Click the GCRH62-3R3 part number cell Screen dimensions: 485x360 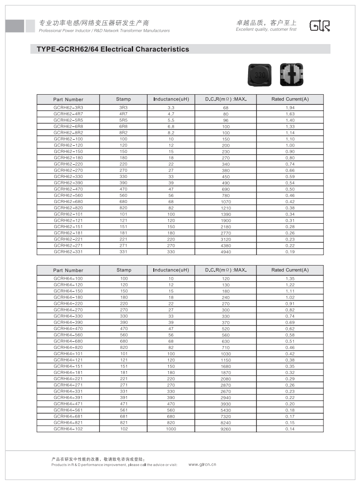(x=68, y=107)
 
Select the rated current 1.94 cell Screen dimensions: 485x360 (x=290, y=107)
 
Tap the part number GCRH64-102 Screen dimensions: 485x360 (x=68, y=429)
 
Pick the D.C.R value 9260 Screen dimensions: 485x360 (x=225, y=429)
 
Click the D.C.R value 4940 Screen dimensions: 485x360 (x=225, y=252)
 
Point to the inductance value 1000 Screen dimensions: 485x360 (x=171, y=429)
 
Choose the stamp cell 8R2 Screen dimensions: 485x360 (x=123, y=133)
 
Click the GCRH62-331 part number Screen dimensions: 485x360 (x=68, y=252)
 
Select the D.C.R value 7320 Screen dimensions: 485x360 (x=225, y=416)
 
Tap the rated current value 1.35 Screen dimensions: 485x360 (x=290, y=278)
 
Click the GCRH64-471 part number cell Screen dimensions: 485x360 (x=68, y=404)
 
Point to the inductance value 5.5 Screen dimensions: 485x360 (x=171, y=120)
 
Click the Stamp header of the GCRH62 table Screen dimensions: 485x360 (x=123, y=99)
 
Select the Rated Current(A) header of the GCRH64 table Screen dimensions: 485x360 (x=290, y=270)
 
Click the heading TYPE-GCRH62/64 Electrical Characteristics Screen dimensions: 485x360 (x=110, y=49)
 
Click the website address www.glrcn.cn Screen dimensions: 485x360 (x=202, y=464)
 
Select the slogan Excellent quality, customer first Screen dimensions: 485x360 (x=266, y=30)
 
